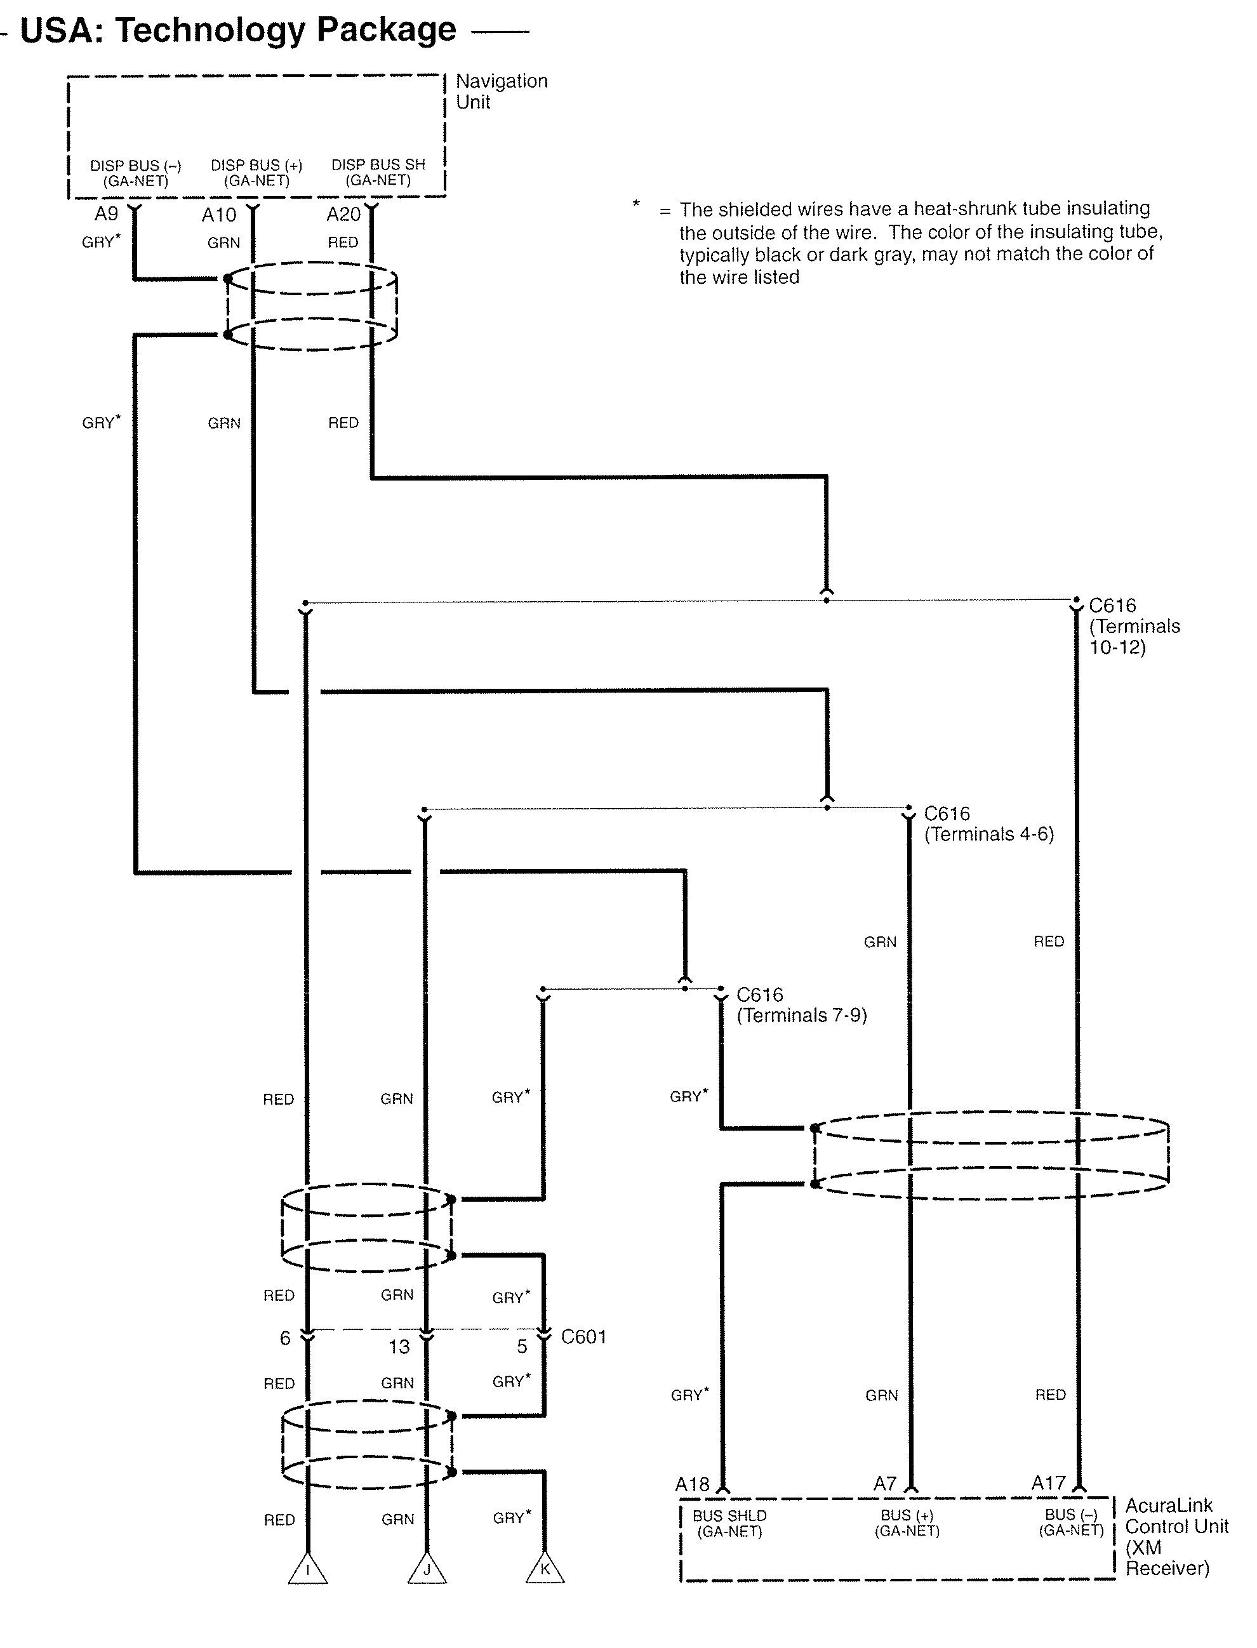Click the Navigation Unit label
coord(502,91)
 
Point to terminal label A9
coord(106,214)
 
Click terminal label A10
coord(218,215)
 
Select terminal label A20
coord(343,215)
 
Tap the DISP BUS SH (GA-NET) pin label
coord(378,172)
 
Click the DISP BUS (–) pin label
coord(135,173)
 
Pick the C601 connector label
coord(583,1337)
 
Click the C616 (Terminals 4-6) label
coord(989,823)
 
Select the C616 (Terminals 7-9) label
coord(801,1005)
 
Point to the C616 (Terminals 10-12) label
coord(1134,626)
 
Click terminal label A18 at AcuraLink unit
coord(692,1484)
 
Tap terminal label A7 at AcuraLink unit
coord(885,1484)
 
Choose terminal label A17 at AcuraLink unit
coord(1048,1483)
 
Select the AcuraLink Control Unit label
coord(1177,1536)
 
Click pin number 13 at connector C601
coord(399,1347)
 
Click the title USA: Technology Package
coord(238,30)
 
